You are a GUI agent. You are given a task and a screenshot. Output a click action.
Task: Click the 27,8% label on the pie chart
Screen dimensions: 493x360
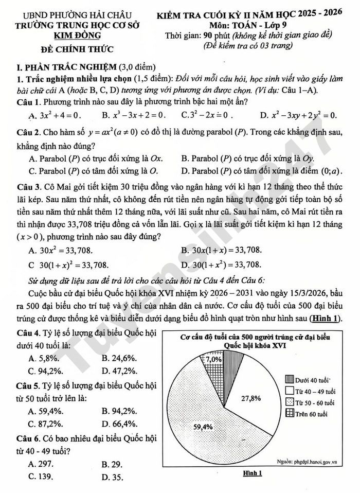click(x=250, y=398)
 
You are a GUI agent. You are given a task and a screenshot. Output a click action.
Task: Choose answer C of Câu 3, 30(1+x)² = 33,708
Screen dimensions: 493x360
click(x=69, y=265)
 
